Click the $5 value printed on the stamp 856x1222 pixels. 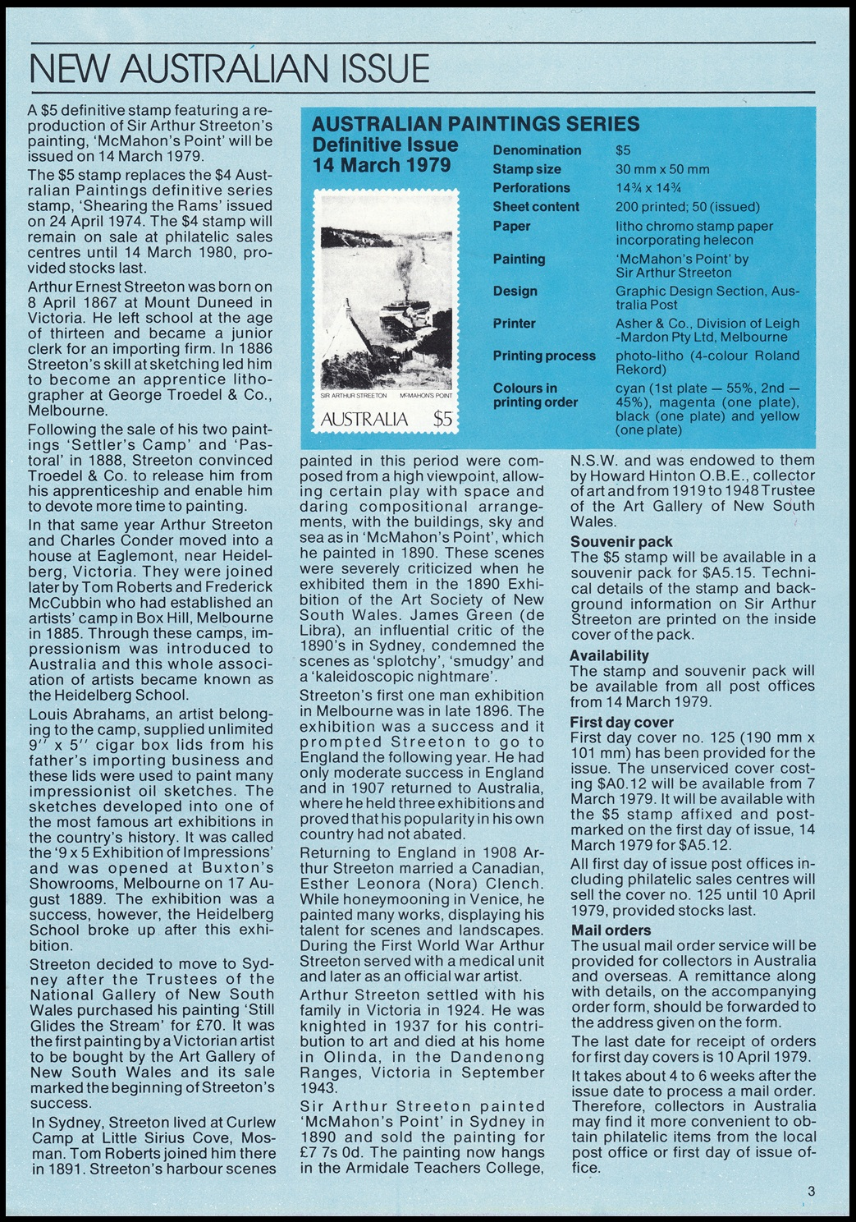443,420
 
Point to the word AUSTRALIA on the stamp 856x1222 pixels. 364,420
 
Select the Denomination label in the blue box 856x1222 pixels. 537,150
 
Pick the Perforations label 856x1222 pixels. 532,188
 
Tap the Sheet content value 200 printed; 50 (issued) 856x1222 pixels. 688,207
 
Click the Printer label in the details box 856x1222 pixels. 514,324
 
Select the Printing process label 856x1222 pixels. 544,356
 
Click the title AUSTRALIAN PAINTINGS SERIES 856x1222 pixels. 476,125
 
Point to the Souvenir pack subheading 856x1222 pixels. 621,541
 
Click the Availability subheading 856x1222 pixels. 610,655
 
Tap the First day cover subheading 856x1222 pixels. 622,723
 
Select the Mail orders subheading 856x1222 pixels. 611,930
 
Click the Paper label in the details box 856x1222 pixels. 511,226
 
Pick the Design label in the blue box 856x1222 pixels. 515,292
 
